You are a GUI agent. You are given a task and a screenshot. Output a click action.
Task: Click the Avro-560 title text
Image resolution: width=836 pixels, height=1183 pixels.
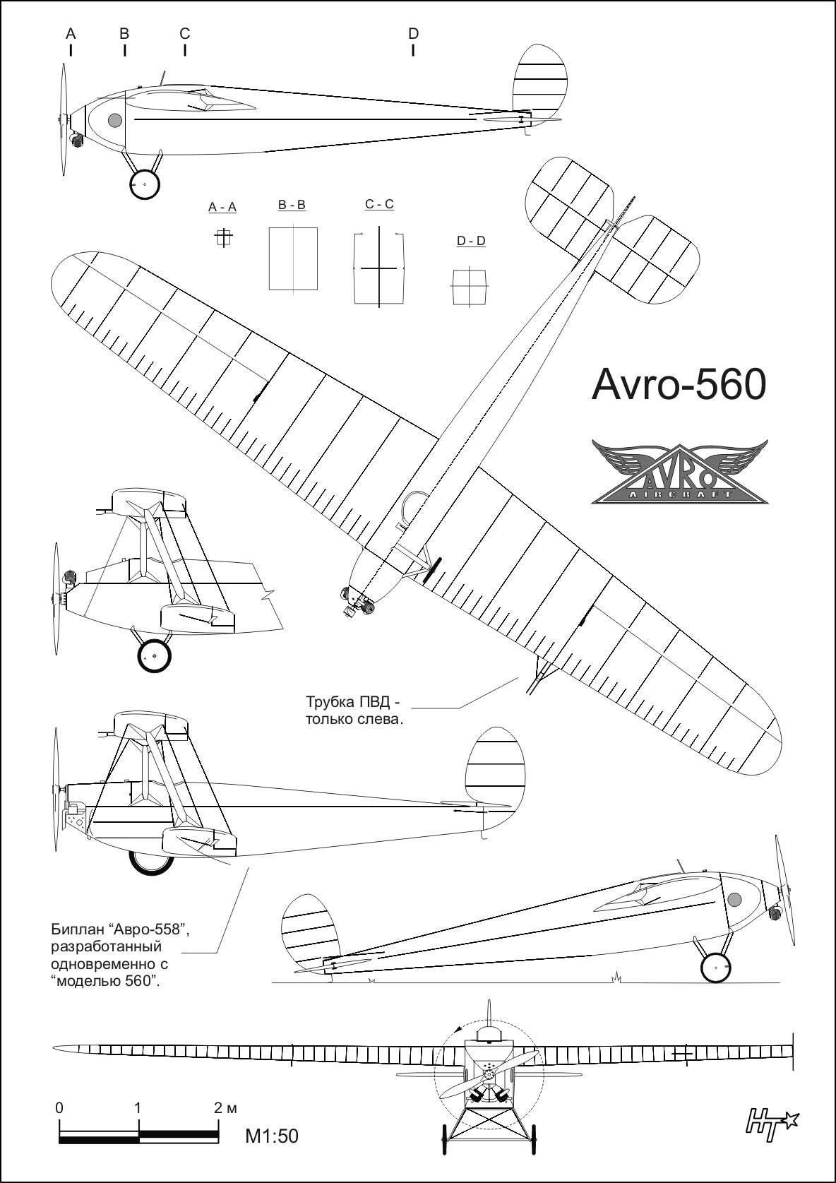point(678,385)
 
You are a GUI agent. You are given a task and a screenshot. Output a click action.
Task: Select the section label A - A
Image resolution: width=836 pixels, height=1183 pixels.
point(222,207)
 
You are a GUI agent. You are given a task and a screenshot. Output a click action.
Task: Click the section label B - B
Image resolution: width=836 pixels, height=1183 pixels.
point(292,205)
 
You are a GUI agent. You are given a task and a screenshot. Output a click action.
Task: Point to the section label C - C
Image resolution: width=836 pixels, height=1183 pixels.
point(379,204)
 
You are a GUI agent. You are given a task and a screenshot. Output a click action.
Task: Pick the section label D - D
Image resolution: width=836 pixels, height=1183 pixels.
point(471,241)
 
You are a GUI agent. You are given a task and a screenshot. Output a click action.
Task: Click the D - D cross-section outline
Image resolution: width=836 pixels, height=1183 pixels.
point(470,287)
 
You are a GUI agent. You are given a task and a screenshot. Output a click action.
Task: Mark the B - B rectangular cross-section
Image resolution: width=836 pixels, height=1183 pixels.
point(293,258)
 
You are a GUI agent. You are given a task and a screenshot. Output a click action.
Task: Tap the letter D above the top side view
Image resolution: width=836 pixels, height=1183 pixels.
point(413,33)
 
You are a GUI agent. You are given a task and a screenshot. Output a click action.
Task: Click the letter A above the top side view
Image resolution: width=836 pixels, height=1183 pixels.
point(71,33)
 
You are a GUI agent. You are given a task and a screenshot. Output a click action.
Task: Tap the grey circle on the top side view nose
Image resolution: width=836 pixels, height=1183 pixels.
point(115,120)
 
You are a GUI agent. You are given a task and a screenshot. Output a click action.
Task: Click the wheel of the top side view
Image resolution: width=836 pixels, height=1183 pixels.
point(145,185)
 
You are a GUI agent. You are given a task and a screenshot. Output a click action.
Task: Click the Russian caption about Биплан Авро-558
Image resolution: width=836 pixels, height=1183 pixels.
point(120,955)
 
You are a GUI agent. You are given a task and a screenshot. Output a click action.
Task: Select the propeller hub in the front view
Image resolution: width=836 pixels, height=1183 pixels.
point(487,1075)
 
